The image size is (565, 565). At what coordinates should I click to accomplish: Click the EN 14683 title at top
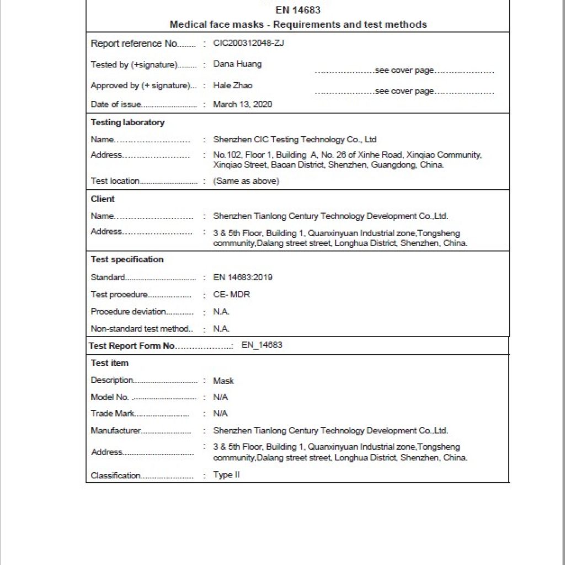pos(298,10)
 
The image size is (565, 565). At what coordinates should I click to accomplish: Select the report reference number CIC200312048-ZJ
pos(248,44)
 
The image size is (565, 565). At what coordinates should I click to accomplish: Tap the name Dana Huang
pos(237,64)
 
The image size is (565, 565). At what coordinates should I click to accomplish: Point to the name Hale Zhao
pos(233,86)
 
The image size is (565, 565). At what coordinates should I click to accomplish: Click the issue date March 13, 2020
pos(242,104)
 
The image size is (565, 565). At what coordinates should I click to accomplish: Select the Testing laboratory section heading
pos(127,122)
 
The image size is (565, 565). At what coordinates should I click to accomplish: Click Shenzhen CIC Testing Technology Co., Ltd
pos(295,140)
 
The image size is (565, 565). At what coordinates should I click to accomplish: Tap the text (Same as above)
pos(246,181)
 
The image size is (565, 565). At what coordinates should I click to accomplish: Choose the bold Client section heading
pos(103,199)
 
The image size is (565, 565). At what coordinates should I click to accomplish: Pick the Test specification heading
pos(127,259)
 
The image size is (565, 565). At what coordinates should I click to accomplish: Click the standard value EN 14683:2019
pos(242,278)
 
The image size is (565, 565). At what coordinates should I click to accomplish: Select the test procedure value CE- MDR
pos(232,295)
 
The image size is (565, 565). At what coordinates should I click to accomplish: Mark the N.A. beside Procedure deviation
pos(221,312)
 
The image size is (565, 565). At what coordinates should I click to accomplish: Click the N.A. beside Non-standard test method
pos(221,329)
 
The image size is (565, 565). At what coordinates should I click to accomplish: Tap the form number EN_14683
pos(262,345)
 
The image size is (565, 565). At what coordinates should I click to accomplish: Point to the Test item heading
pos(110,363)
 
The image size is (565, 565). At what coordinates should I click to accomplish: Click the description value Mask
pos(223,381)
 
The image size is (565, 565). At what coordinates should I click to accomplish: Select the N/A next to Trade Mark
pos(221,413)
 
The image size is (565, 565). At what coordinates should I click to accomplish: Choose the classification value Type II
pos(226,475)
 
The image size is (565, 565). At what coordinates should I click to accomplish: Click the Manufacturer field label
pos(116,431)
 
